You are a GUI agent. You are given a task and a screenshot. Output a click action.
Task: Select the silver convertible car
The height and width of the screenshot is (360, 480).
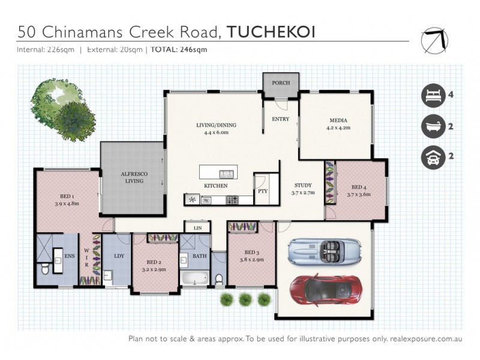324,251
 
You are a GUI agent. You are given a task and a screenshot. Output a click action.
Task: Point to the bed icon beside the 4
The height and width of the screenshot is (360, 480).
431,95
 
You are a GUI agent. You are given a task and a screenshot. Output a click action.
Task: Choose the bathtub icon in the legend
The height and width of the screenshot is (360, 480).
431,126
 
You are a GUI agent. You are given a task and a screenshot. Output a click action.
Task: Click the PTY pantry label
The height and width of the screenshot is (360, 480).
262,191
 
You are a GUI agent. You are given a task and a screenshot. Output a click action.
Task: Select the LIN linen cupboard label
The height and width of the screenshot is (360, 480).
197,229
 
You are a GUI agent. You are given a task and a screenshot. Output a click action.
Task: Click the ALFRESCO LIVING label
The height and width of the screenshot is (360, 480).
134,177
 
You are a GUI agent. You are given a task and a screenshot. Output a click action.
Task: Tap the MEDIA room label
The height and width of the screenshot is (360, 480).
338,119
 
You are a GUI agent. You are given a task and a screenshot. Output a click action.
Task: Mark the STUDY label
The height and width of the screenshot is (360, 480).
302,185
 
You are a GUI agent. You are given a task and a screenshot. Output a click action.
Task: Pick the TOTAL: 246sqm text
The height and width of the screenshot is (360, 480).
179,50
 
